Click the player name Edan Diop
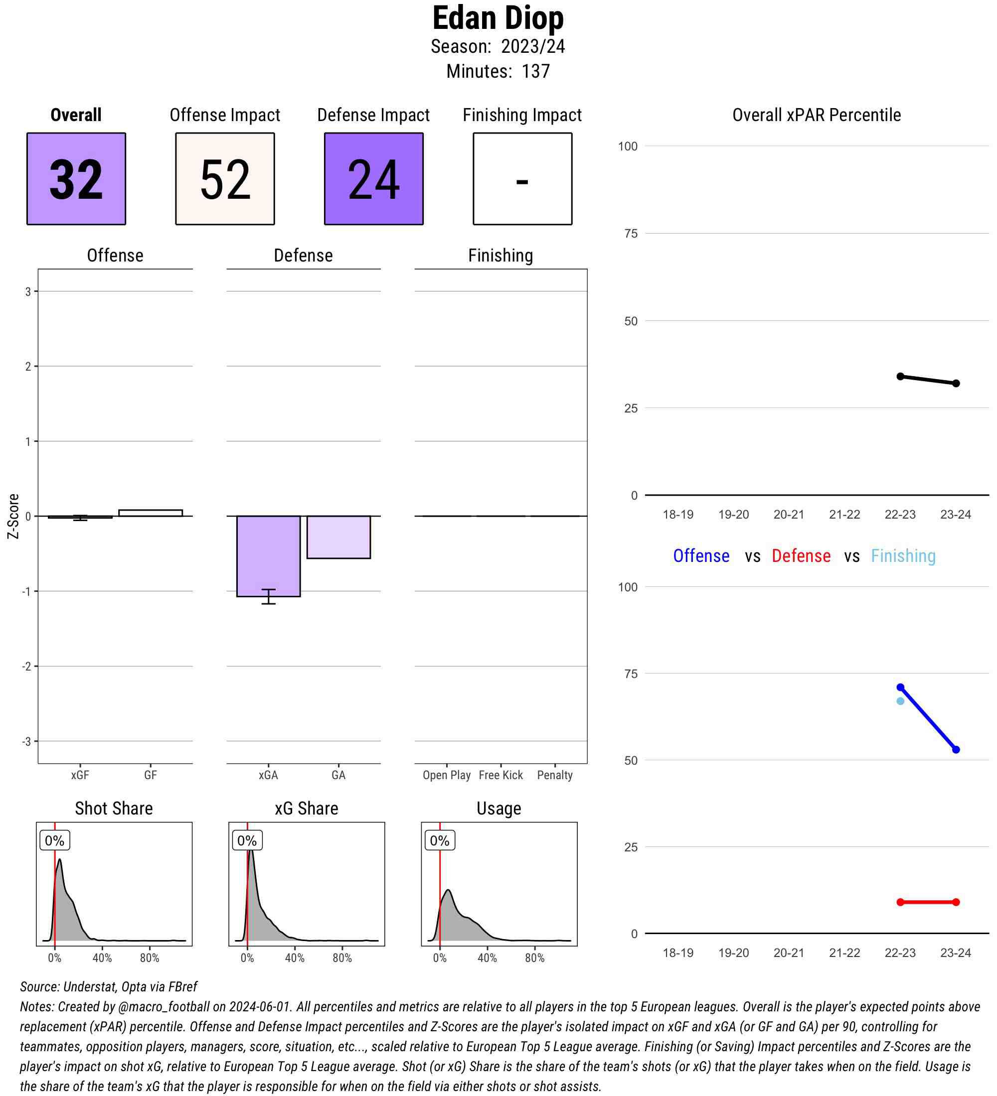point(498,18)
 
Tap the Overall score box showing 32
point(76,178)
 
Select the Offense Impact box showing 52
point(225,178)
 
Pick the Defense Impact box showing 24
point(374,178)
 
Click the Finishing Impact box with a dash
point(522,178)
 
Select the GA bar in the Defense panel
point(338,537)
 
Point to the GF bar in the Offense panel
point(150,513)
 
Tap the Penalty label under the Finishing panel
point(555,775)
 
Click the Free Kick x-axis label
point(500,775)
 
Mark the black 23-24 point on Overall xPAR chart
point(956,383)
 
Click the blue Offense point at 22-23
point(900,687)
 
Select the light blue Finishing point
point(900,701)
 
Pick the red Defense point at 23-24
point(956,902)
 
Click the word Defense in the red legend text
point(801,555)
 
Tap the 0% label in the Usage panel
point(440,840)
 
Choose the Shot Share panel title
point(114,809)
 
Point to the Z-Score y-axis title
point(13,516)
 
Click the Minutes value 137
point(536,71)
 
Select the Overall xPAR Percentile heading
point(817,115)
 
